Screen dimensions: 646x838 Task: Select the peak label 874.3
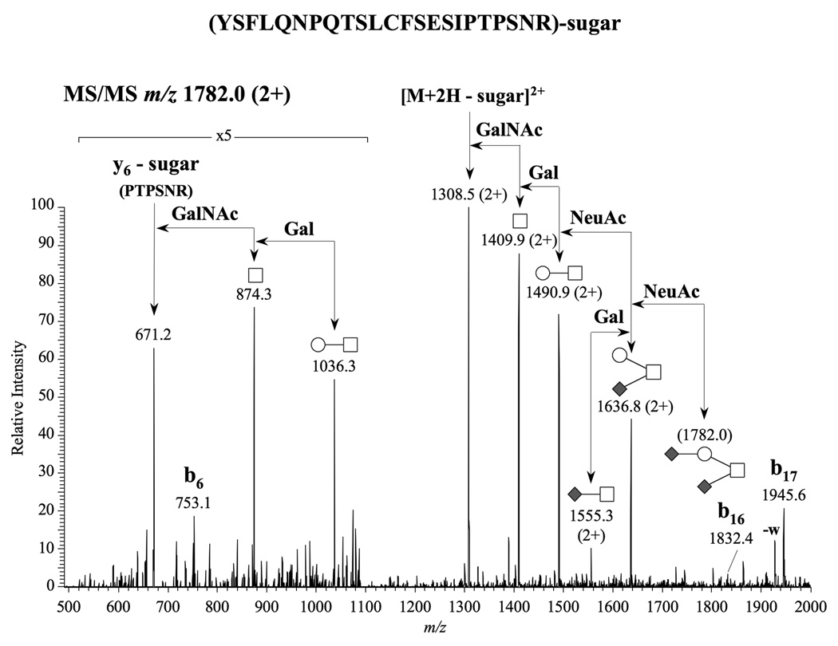pos(255,293)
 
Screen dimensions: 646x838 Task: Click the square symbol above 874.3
pos(255,275)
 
